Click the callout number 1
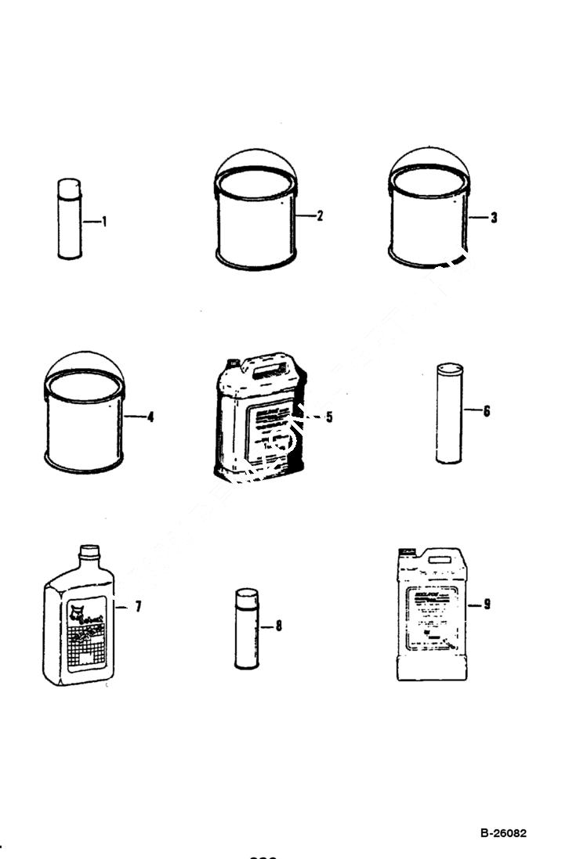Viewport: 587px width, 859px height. point(105,222)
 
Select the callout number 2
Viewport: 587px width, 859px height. point(320,216)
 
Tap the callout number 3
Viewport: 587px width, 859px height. point(494,218)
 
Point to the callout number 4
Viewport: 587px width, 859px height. point(150,417)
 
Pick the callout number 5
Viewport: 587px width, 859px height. point(329,417)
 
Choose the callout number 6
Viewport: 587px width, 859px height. point(487,410)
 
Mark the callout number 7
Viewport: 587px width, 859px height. point(138,606)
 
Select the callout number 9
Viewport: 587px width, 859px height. point(487,605)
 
